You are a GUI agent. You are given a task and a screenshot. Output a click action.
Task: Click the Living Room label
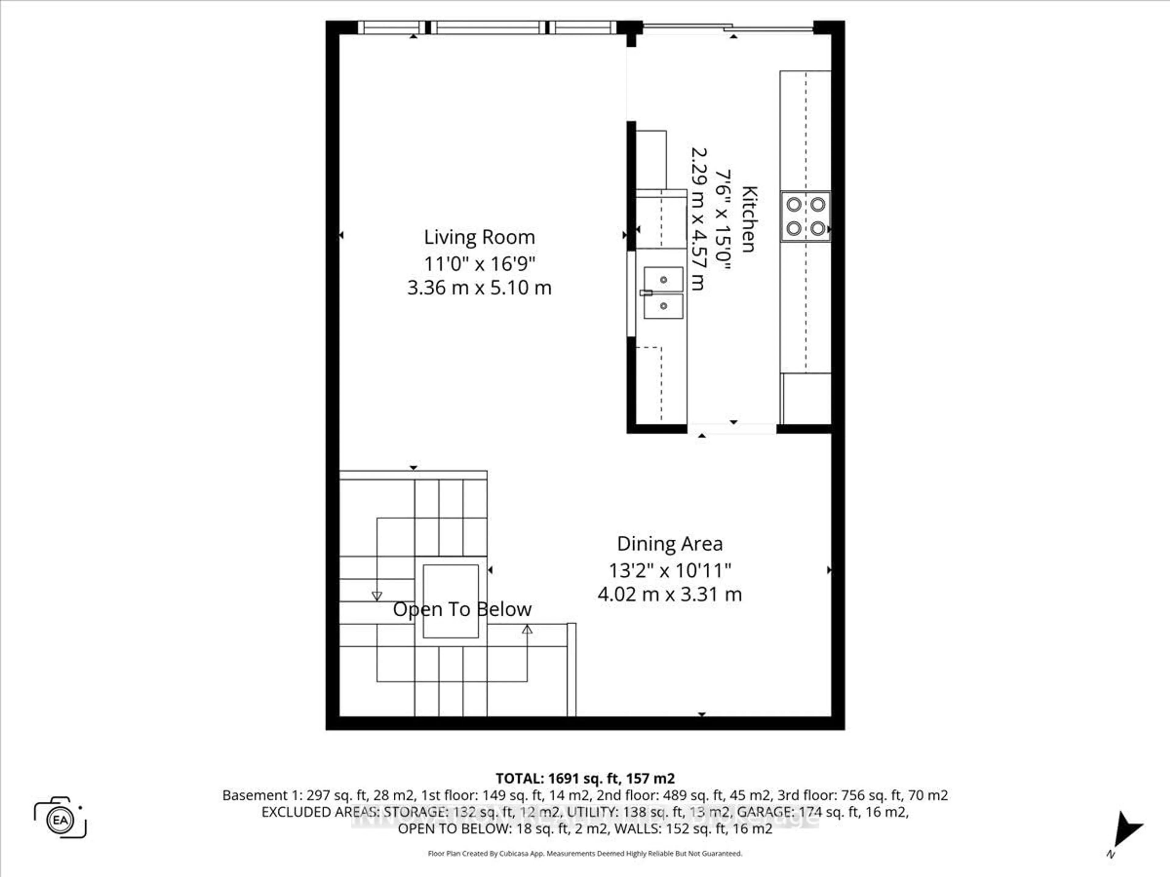(479, 237)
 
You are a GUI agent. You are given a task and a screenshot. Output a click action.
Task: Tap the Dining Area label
(670, 544)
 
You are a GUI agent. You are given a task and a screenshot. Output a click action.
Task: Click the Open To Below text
(462, 610)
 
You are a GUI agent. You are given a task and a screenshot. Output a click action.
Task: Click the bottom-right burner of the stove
(818, 228)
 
